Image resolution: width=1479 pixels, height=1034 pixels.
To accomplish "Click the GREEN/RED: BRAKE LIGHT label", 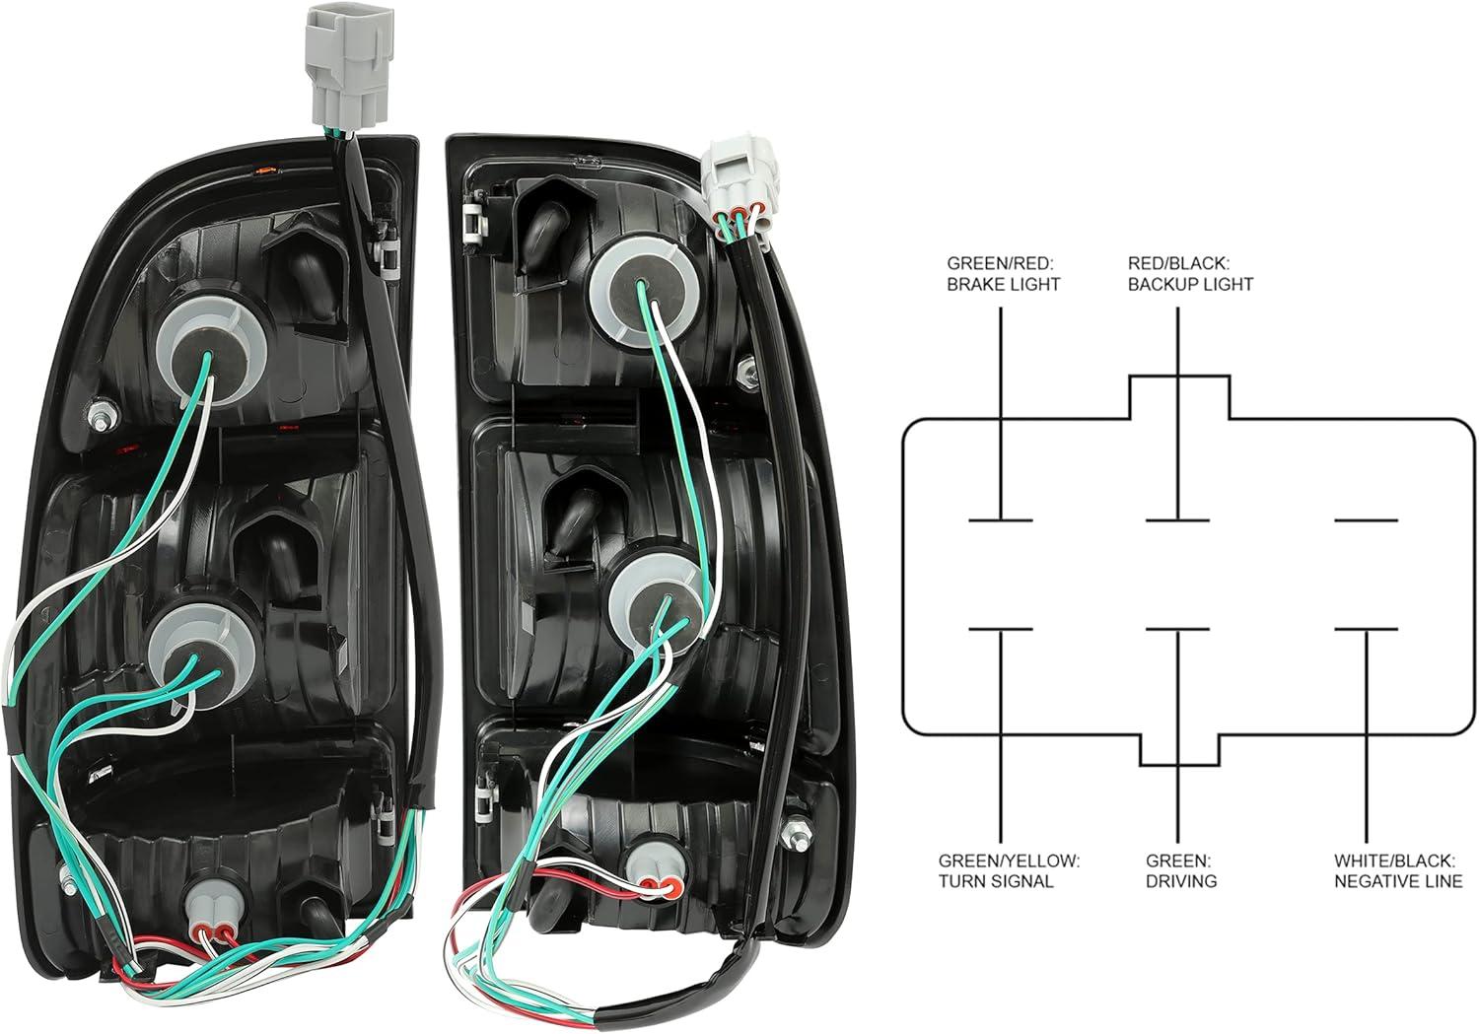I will pos(1003,274).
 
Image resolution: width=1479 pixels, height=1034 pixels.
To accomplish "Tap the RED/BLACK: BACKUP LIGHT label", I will pos(1190,274).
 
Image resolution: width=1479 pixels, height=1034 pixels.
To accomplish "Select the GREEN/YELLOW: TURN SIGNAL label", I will pos(1009,870).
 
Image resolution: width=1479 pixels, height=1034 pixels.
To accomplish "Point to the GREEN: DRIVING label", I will pos(1180,870).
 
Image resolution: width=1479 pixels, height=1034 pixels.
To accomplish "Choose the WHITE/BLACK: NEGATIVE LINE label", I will pos(1398,870).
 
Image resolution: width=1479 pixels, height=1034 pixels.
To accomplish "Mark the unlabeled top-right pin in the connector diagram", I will pos(1366,519).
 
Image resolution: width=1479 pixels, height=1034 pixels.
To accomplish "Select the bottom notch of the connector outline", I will pos(1179,749).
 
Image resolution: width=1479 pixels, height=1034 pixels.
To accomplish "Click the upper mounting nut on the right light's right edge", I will pos(750,374).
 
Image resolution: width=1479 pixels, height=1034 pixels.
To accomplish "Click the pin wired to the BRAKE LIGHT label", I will pos(1001,519).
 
